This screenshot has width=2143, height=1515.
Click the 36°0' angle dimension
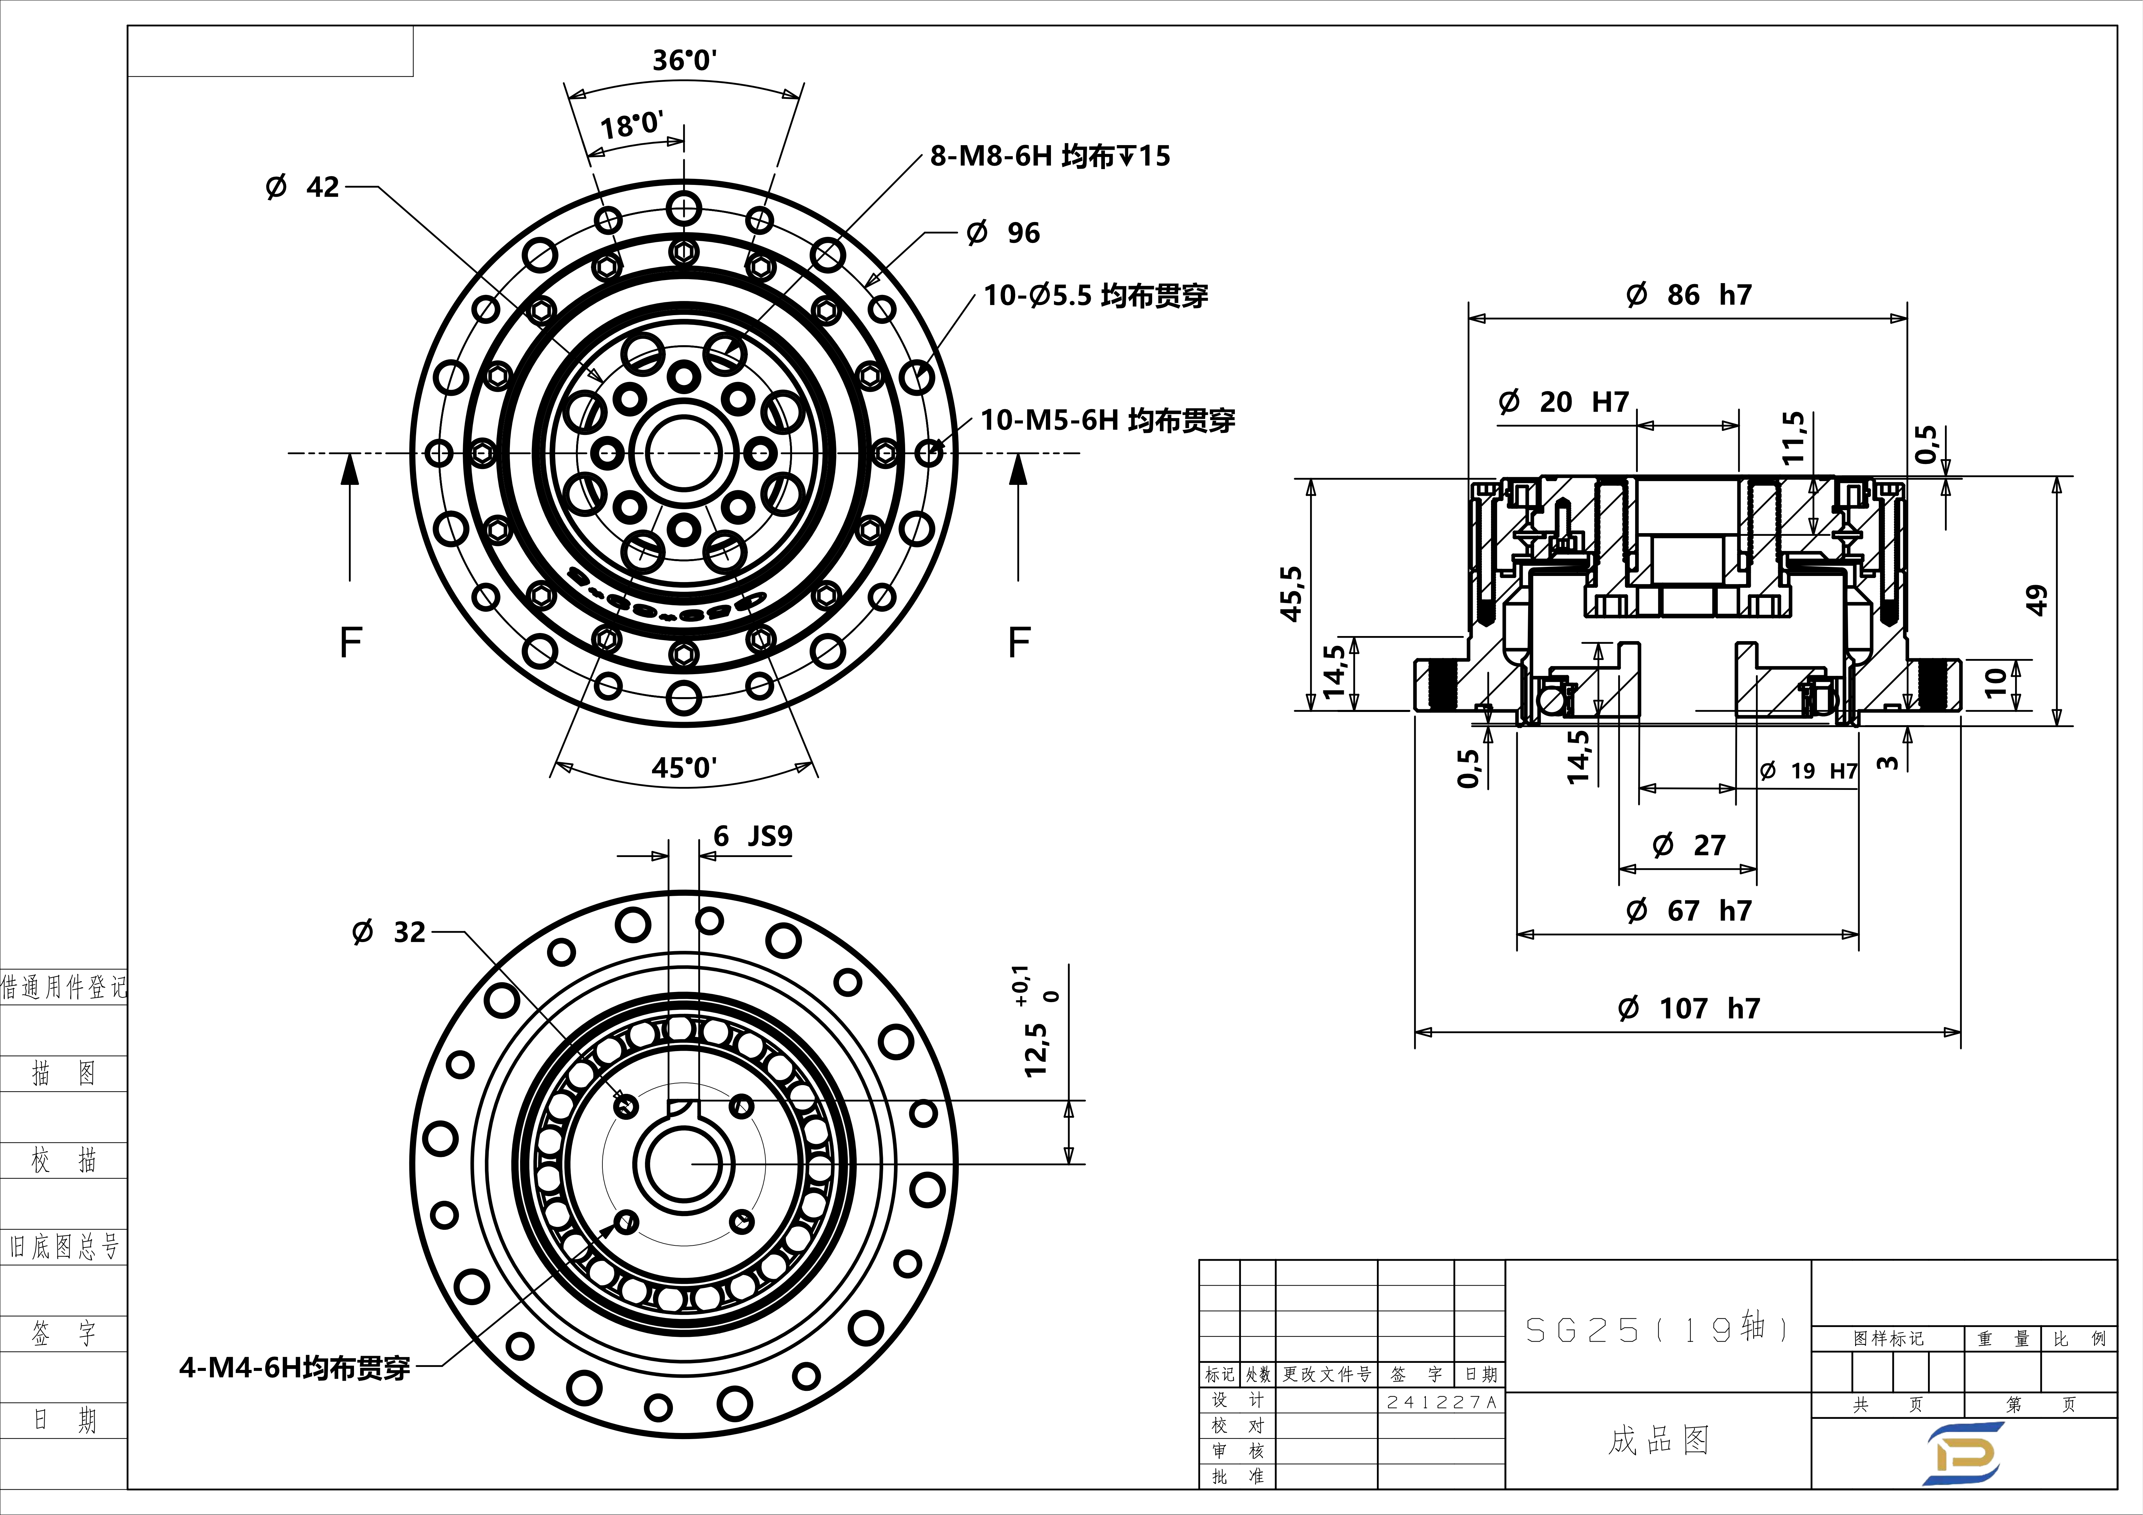click(684, 60)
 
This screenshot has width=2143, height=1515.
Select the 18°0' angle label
click(632, 124)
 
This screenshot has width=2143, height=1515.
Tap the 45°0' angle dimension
click(684, 767)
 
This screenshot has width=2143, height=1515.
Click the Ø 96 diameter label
click(1003, 232)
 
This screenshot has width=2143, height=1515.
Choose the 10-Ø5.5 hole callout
click(1096, 296)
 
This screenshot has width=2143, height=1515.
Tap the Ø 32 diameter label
click(388, 932)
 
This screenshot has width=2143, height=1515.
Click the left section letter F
click(350, 642)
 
